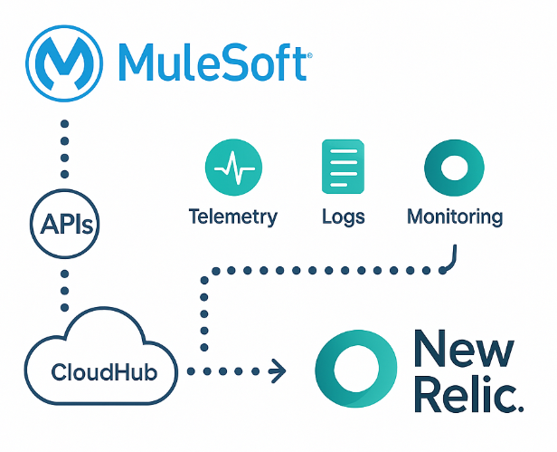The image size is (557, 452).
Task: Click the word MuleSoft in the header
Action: (x=214, y=64)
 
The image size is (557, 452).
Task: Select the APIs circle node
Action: (x=64, y=222)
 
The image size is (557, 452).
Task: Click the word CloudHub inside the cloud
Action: (x=97, y=372)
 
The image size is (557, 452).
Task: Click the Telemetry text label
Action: (x=232, y=217)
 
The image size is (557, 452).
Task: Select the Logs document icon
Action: (x=343, y=167)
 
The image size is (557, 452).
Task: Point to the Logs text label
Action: (x=343, y=217)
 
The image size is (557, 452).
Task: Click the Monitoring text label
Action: (x=454, y=217)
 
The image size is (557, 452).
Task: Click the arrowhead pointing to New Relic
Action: (x=278, y=370)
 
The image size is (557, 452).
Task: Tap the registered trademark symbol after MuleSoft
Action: (x=310, y=55)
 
